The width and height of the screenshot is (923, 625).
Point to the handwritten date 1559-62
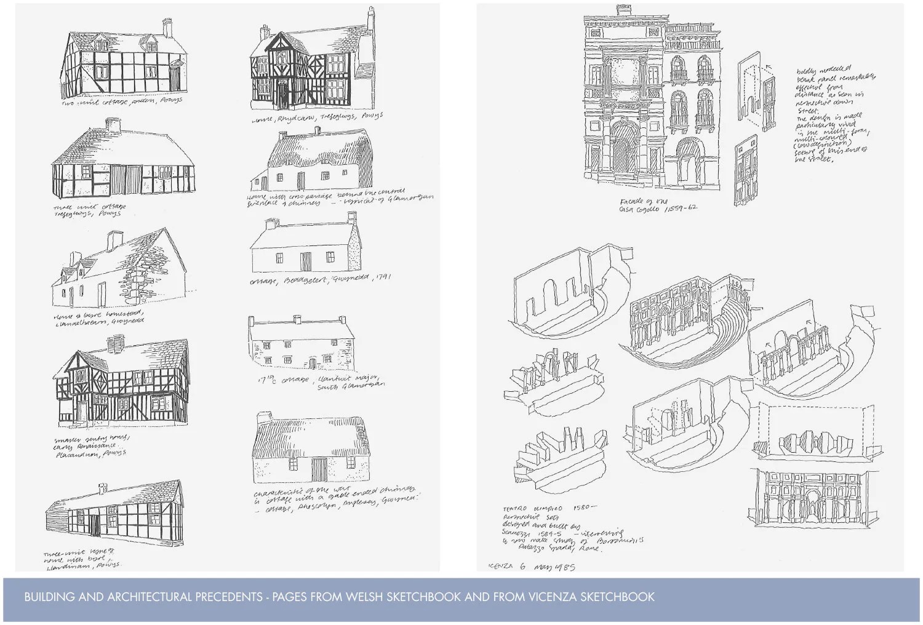[677, 209]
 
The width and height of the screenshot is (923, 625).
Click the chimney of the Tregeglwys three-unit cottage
[113, 125]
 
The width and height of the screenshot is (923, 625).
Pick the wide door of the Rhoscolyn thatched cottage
[319, 471]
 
